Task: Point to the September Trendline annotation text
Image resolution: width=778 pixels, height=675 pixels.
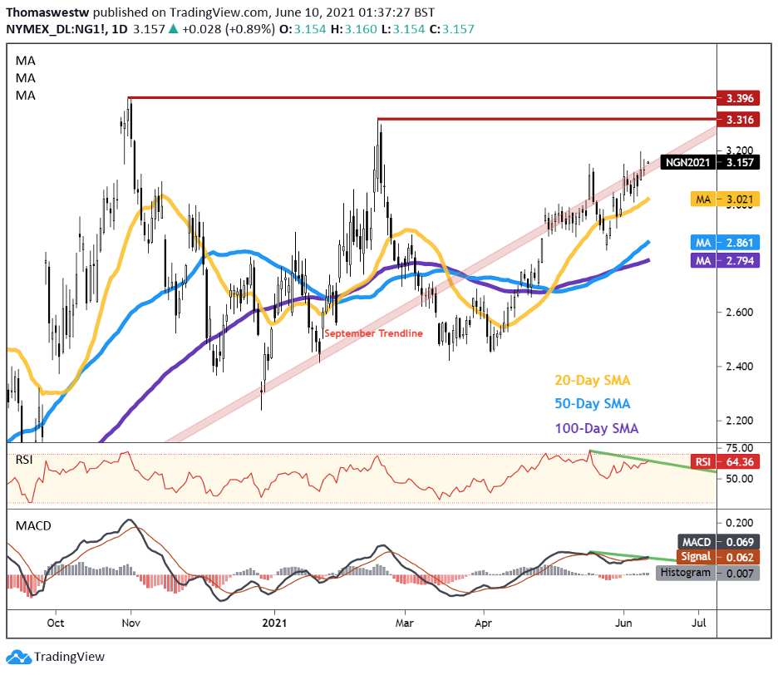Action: click(373, 333)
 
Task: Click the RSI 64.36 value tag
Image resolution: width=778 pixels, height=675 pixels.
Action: click(724, 461)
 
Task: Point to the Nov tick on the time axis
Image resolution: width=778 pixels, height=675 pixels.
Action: click(130, 621)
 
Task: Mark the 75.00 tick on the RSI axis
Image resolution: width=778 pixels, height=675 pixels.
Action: click(735, 447)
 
